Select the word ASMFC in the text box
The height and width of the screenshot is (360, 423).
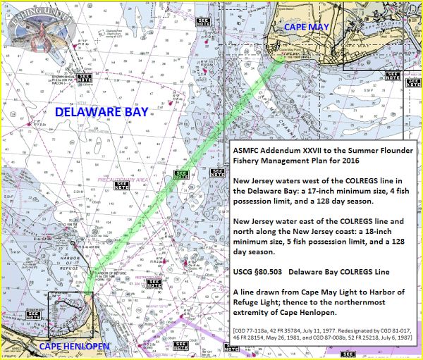[x=249, y=150]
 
